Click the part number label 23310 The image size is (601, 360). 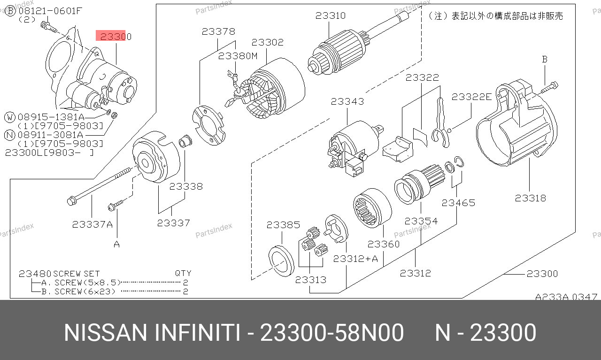pos(330,15)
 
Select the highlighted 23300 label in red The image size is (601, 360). pos(116,37)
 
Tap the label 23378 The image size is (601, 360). pos(218,31)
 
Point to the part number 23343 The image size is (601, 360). pos(347,101)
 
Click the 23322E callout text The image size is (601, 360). pos(471,97)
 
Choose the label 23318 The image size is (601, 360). pos(531,198)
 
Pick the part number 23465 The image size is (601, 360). pos(458,203)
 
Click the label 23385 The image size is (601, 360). pos(283,225)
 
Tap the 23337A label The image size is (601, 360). pos(92,224)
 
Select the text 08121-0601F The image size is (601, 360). pos(50,11)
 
